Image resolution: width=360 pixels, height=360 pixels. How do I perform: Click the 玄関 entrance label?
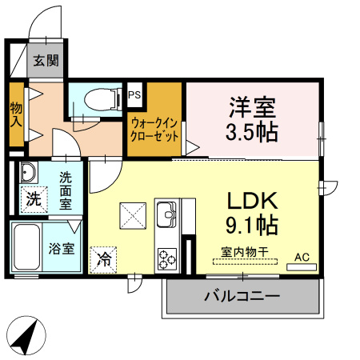pyautogui.click(x=46, y=61)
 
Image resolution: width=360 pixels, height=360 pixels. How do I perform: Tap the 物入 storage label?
pyautogui.click(x=15, y=114)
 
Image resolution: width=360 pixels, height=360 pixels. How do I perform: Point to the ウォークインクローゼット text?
pyautogui.click(x=158, y=129)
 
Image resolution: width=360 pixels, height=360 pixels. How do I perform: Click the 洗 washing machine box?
pyautogui.click(x=34, y=197)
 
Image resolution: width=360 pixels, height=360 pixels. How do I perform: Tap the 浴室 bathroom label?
pyautogui.click(x=64, y=247)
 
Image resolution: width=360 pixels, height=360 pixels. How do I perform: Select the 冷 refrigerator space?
pyautogui.click(x=102, y=258)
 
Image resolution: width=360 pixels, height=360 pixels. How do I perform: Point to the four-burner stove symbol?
pyautogui.click(x=167, y=258)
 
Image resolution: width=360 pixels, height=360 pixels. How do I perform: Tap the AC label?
pyautogui.click(x=302, y=256)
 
